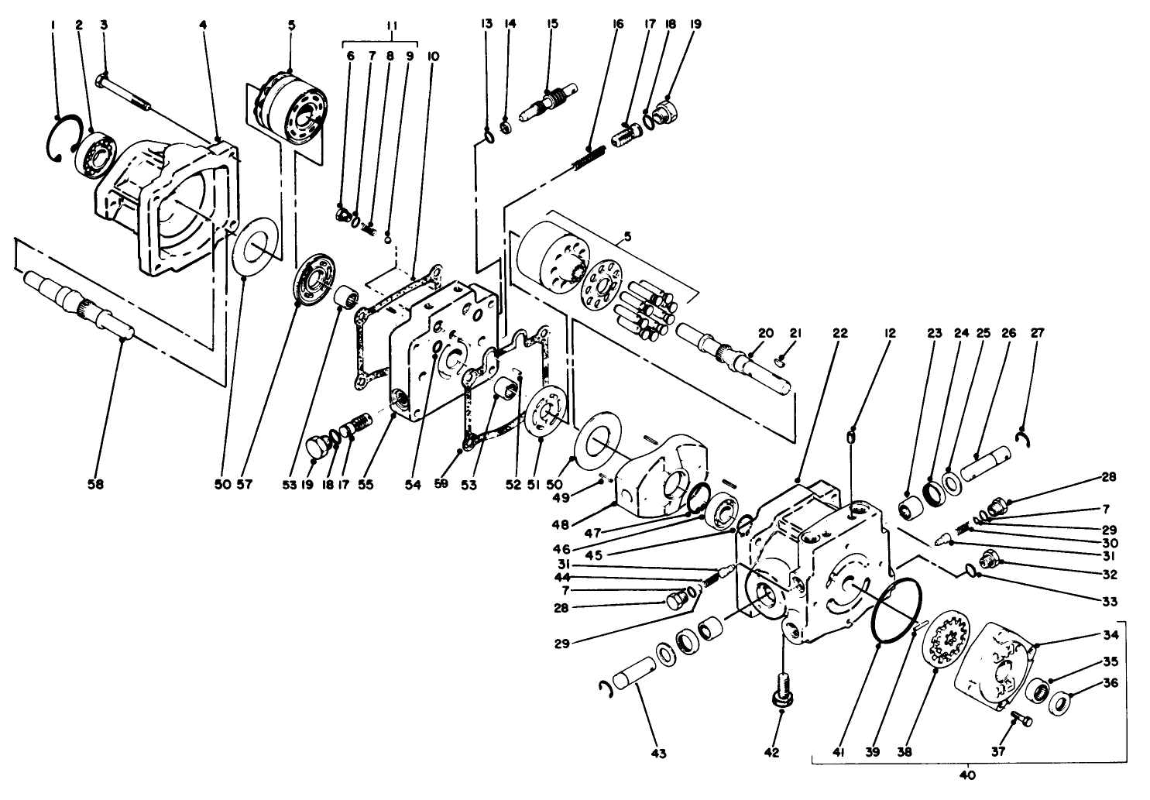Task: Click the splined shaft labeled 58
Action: [77, 304]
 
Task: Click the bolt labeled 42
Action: [781, 688]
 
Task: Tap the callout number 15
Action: [552, 24]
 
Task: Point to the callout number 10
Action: [431, 57]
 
